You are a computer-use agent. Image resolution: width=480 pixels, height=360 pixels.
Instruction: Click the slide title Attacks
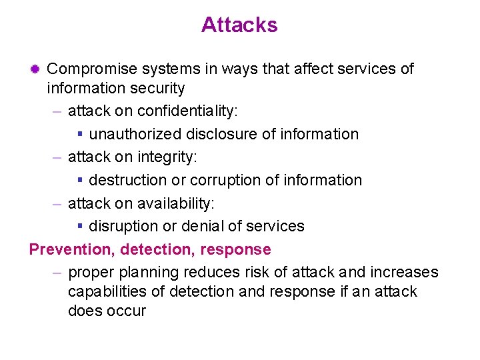coord(239,25)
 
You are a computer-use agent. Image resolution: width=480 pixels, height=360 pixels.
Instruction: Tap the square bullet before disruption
coord(80,227)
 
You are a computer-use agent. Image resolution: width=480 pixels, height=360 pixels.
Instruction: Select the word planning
coord(151,273)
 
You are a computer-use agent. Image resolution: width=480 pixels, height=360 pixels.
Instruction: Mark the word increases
coord(405,273)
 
